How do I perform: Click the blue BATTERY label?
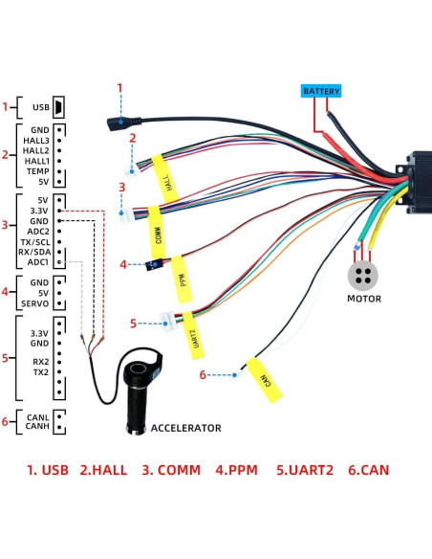tap(320, 91)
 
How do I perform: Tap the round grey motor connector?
tap(363, 274)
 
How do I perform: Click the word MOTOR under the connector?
tap(363, 299)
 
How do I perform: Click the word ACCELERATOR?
tap(186, 428)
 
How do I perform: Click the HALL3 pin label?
tap(36, 141)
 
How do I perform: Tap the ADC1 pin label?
tap(38, 261)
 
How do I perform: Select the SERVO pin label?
tap(35, 304)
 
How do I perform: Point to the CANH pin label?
tap(37, 426)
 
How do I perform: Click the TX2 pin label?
tap(40, 371)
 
